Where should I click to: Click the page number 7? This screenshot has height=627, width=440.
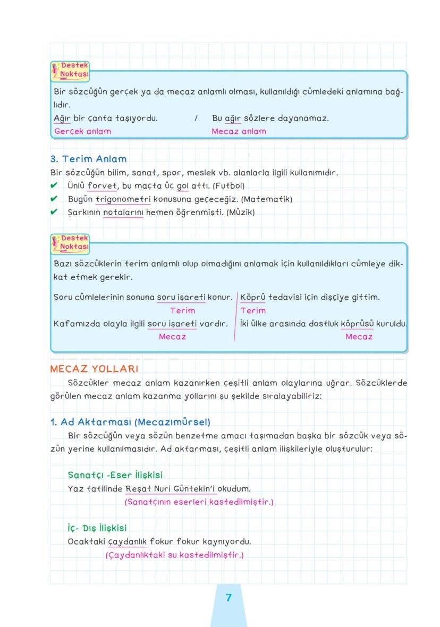(x=229, y=598)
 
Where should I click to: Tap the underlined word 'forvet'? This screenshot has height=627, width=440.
(x=102, y=186)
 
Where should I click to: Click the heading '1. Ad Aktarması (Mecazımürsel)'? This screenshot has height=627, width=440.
(x=130, y=422)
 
